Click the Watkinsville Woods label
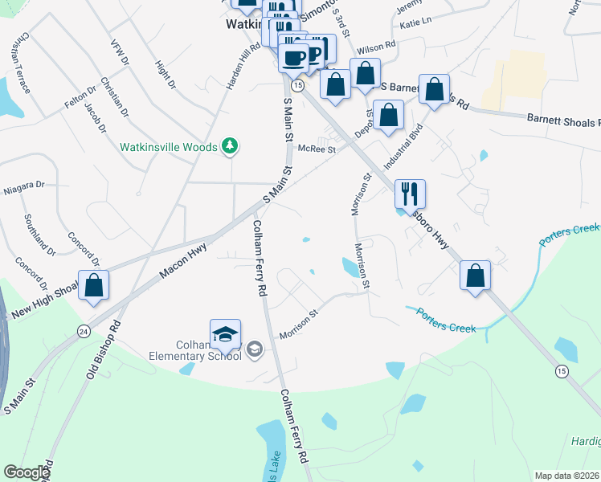click(x=168, y=147)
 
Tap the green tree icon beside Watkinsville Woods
click(x=231, y=145)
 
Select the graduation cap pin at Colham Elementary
click(x=226, y=334)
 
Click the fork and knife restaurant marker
click(x=410, y=194)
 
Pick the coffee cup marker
click(x=294, y=57)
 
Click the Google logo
click(x=27, y=472)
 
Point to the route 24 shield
click(x=84, y=331)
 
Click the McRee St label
click(x=316, y=149)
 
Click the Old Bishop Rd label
click(x=103, y=349)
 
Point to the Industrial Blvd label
click(x=403, y=146)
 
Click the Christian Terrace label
click(x=20, y=63)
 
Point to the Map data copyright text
click(x=566, y=475)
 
